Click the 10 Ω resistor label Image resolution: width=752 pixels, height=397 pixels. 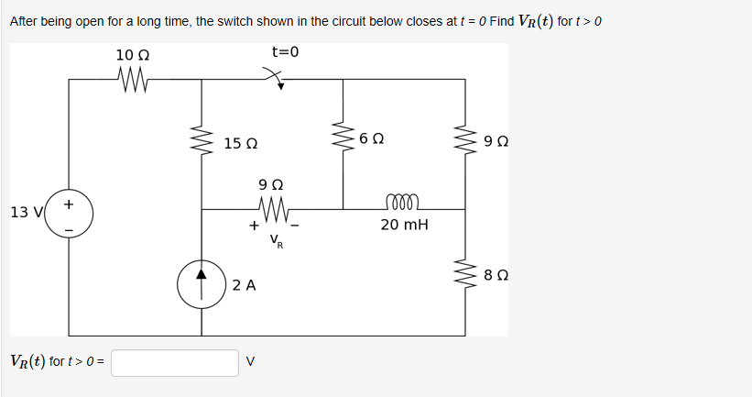tap(133, 55)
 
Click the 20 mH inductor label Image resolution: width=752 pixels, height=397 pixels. tap(404, 225)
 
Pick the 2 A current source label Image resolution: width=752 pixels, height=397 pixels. tap(244, 285)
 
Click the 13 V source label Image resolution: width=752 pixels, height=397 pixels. tap(25, 213)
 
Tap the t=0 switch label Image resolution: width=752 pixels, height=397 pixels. tap(286, 51)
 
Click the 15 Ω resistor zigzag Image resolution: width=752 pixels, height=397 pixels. tap(202, 143)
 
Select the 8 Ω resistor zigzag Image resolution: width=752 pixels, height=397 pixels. tap(466, 272)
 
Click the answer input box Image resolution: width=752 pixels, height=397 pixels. tap(175, 362)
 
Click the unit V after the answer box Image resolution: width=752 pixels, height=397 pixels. tap(251, 362)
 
